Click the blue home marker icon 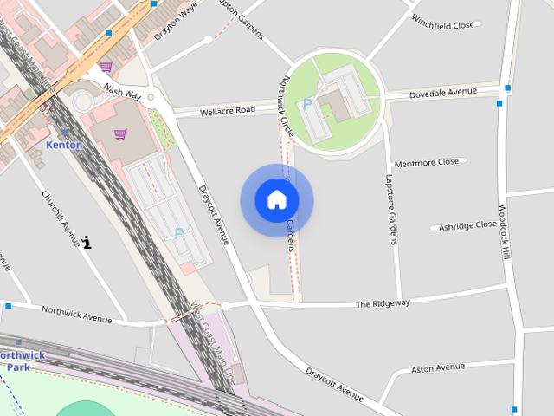click(x=276, y=200)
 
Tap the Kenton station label click(x=65, y=145)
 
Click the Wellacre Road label click(x=228, y=110)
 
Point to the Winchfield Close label click(x=443, y=24)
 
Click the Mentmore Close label click(x=426, y=162)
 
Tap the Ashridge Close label click(x=467, y=225)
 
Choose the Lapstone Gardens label click(x=390, y=208)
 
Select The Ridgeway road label click(x=383, y=303)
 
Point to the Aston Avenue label click(x=438, y=368)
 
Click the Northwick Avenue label click(x=76, y=314)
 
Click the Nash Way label click(x=121, y=90)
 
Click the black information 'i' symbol click(x=87, y=243)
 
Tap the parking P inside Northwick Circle click(x=306, y=104)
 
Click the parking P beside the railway click(x=179, y=232)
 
